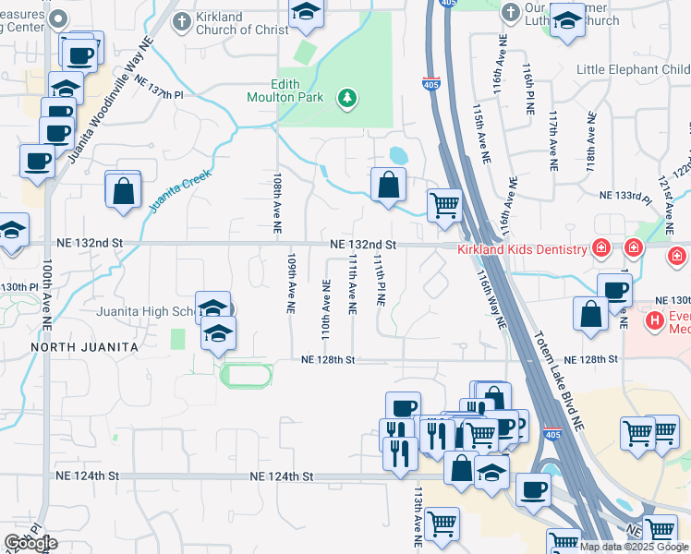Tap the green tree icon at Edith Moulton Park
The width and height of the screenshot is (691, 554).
347,97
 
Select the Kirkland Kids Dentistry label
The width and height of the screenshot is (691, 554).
523,250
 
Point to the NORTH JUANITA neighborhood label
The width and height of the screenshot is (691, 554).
84,346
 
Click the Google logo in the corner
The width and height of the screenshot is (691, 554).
30,543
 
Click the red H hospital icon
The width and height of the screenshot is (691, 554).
655,320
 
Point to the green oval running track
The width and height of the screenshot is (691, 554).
245,375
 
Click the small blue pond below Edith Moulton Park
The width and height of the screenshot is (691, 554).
398,154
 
